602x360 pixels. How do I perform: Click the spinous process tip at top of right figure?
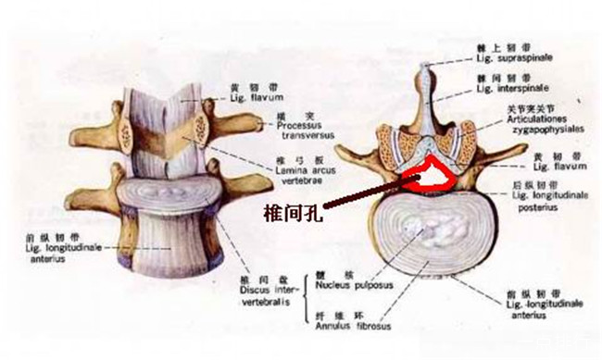tap(424, 68)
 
